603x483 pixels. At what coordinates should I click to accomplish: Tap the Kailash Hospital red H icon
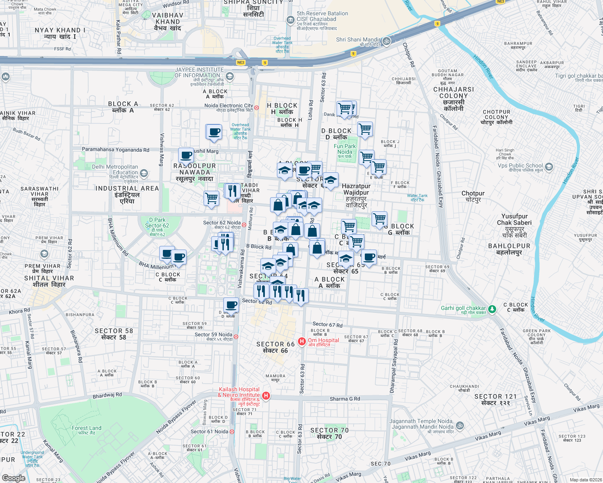click(266, 396)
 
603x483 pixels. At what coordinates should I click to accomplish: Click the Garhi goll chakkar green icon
click(492, 309)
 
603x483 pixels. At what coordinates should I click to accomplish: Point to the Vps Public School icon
click(549, 167)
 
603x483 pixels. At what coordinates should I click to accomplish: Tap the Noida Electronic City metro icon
click(256, 107)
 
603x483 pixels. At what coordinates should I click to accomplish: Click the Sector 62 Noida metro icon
click(244, 225)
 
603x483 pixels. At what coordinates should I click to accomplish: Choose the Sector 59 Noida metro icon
click(236, 336)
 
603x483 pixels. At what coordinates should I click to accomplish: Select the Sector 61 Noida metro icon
click(232, 432)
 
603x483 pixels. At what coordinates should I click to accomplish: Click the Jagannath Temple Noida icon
click(460, 425)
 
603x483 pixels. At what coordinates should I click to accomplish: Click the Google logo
click(13, 478)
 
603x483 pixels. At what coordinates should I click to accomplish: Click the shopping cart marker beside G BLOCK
click(379, 219)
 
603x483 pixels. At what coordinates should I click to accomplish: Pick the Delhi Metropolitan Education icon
click(144, 173)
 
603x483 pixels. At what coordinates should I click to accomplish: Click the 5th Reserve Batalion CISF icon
click(290, 20)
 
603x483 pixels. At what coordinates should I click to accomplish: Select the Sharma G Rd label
click(345, 399)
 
